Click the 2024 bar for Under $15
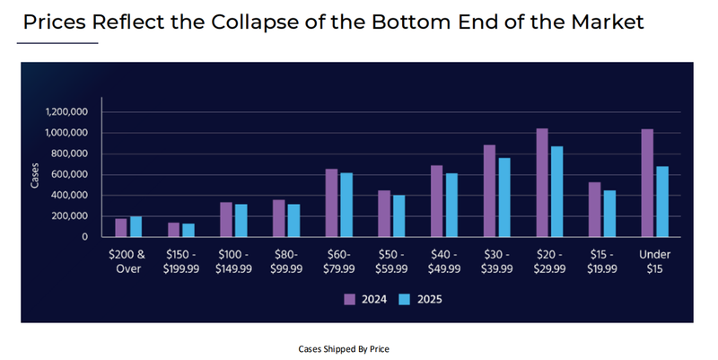[647, 183]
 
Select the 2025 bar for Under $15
[662, 202]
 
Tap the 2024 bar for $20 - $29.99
[541, 183]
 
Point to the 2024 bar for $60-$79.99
[331, 203]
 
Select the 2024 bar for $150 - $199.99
[173, 230]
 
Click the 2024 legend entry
[366, 300]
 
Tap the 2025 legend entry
[421, 300]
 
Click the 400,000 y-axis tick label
[69, 196]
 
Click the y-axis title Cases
[35, 175]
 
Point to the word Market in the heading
[607, 22]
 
